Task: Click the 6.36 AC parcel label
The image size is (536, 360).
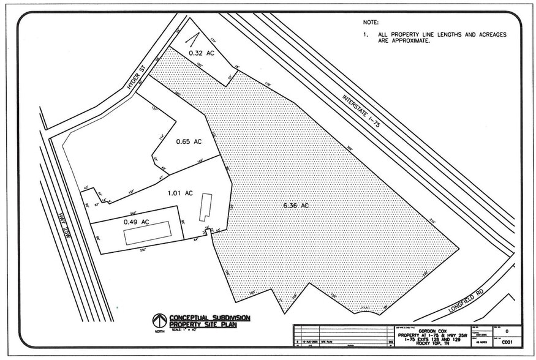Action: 296,206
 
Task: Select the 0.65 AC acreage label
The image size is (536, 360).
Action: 189,141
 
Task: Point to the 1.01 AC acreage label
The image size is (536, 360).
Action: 180,193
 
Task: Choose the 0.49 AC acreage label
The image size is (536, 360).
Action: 137,222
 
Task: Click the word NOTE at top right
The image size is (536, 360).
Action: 371,22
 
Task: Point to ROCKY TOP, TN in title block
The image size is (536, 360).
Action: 434,343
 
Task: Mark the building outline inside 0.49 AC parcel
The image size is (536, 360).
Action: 148,233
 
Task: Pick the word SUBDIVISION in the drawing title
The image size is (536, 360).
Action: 227,318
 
